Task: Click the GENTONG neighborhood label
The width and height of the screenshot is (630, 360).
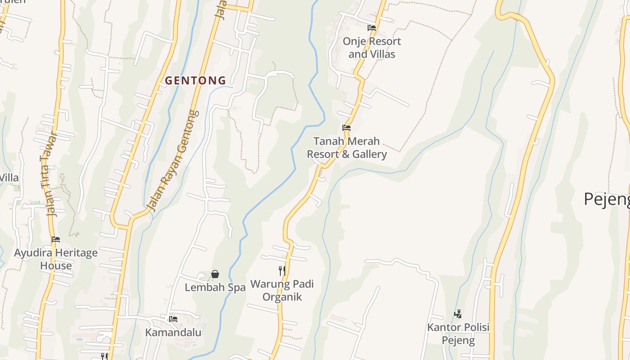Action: [195, 81]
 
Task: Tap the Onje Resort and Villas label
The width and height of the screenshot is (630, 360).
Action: [372, 48]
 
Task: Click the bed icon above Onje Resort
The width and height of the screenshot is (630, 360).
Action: [372, 28]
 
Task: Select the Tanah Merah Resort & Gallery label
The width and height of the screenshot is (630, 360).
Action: [346, 148]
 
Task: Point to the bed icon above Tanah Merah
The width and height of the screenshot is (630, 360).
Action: [346, 128]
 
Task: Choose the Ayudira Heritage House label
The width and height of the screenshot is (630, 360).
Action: [56, 259]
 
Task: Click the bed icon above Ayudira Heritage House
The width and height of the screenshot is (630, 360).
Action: [56, 239]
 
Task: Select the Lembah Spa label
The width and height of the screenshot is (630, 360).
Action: [215, 287]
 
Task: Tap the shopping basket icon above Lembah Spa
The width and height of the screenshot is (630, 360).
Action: [215, 274]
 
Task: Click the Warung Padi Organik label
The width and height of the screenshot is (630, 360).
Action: [282, 290]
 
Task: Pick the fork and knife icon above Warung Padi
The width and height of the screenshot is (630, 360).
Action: [282, 270]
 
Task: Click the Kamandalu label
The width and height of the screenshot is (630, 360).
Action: [173, 333]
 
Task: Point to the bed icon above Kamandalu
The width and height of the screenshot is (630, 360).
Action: [173, 319]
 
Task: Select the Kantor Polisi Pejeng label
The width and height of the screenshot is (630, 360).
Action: [458, 333]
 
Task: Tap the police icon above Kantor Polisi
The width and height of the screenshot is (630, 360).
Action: [458, 314]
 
